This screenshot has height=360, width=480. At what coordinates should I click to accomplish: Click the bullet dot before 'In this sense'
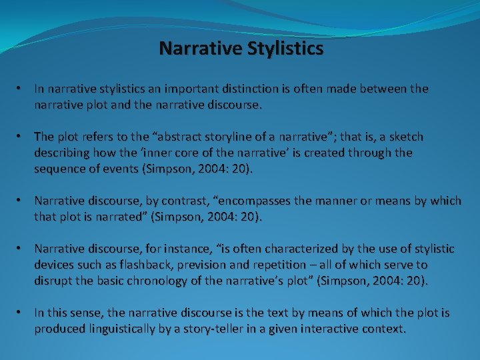23,313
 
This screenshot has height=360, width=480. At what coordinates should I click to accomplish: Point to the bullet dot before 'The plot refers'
23,137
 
